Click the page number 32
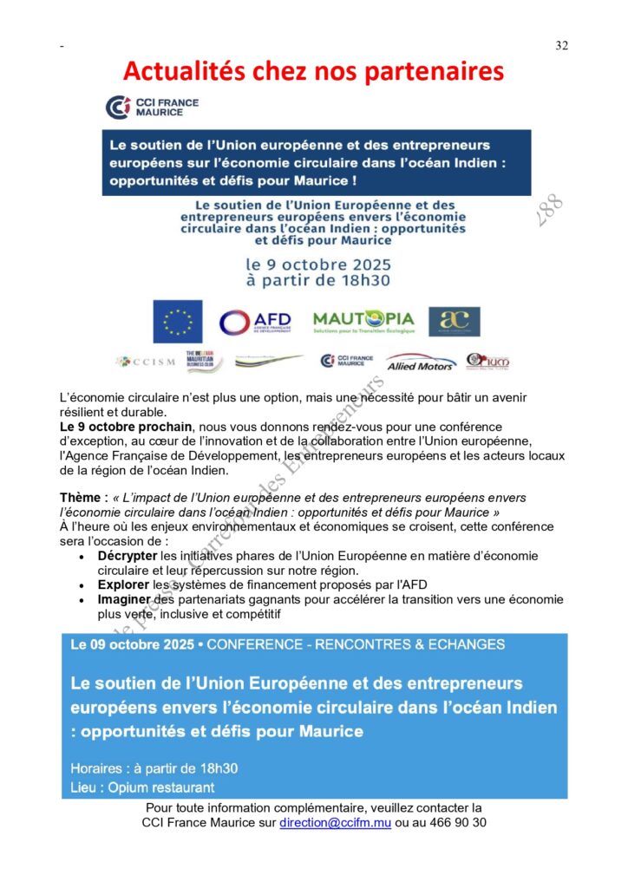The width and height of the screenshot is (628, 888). click(x=561, y=46)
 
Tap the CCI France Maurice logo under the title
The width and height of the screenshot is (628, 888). click(x=152, y=108)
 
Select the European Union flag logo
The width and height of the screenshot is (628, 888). click(x=178, y=322)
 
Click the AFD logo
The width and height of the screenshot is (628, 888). click(x=255, y=323)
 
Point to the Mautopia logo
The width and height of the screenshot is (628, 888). click(x=363, y=322)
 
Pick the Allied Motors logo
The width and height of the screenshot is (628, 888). click(x=421, y=362)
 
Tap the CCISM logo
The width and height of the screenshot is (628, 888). click(x=145, y=362)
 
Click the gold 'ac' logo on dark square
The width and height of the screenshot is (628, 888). click(x=454, y=322)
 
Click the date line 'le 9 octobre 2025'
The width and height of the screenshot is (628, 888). click(x=318, y=264)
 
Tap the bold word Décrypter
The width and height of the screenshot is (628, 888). click(x=127, y=556)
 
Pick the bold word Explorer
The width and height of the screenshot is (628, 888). click(x=125, y=584)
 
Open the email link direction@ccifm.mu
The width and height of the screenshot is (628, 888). click(x=335, y=822)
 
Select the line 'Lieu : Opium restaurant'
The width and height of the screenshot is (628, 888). click(x=142, y=787)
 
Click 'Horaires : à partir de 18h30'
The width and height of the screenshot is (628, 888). click(x=154, y=768)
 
